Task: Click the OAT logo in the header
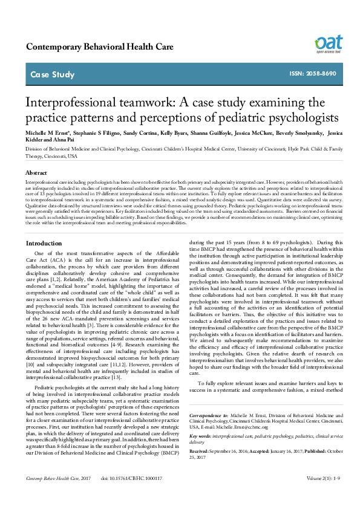click(x=328, y=43)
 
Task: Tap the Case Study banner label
click(x=52, y=75)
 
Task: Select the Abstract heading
click(x=36, y=172)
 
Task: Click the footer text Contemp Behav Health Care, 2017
click(x=53, y=495)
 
